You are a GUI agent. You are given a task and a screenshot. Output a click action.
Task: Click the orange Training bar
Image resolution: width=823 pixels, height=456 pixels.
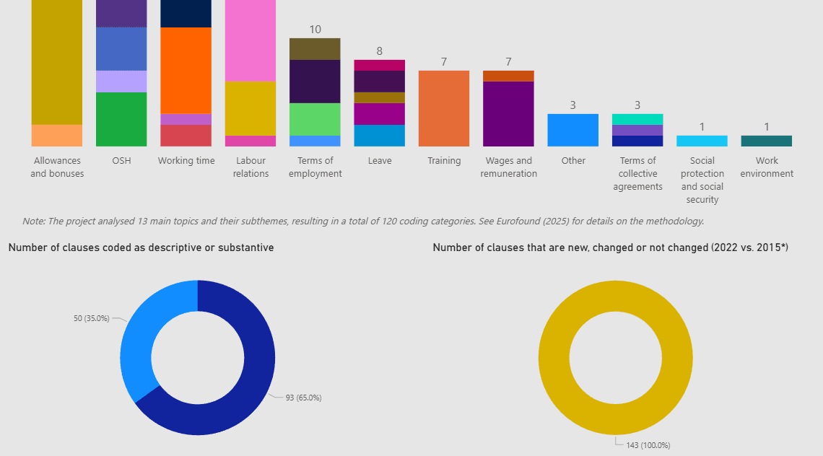[x=443, y=108]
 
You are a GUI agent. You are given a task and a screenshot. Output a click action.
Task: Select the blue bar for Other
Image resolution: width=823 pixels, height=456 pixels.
[x=572, y=130]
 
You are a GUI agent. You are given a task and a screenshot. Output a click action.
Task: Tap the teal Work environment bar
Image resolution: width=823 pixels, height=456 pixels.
[x=766, y=141]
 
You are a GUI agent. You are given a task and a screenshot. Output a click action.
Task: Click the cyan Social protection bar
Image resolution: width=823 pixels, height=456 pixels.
[x=702, y=141]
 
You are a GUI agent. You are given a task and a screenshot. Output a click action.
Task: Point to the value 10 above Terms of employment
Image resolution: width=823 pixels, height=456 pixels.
[x=315, y=30]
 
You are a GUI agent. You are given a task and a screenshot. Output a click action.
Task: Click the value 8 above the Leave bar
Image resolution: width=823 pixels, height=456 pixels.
[x=379, y=51]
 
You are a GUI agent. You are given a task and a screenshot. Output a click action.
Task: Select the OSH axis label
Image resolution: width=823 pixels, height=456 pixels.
[x=121, y=161]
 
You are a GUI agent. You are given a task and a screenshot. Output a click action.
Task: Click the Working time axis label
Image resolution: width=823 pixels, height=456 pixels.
[x=186, y=161]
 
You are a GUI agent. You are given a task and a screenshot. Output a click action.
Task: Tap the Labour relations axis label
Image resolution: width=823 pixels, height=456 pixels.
[x=251, y=167]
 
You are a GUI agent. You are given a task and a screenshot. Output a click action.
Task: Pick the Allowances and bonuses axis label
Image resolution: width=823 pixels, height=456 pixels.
[x=57, y=167]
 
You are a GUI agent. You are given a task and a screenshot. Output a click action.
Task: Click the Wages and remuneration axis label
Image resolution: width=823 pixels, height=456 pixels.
[x=508, y=167]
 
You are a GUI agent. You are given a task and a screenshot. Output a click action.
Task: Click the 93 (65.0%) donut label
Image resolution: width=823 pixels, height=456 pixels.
[x=303, y=398]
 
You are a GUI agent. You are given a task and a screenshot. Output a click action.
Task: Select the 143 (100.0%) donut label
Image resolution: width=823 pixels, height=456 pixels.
[x=648, y=445]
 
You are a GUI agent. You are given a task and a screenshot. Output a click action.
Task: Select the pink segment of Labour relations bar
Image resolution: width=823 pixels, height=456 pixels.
[x=251, y=40]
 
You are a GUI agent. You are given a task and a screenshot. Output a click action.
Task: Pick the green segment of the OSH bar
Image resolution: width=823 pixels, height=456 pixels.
[x=121, y=119]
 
